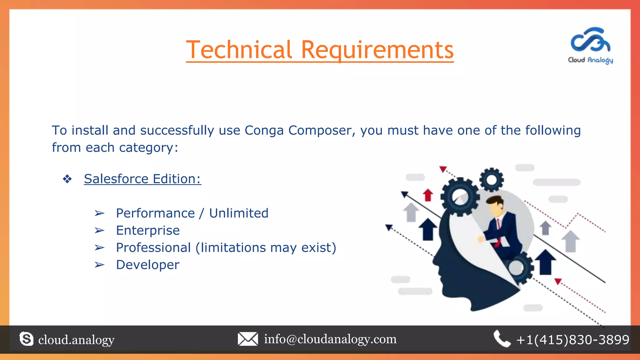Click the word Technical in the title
point(239,50)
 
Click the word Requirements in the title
point(377,50)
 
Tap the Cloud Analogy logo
point(590,45)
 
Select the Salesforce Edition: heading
point(142,179)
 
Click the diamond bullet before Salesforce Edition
point(67,179)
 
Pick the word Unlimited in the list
point(239,213)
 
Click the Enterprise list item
point(148,231)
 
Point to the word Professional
point(153,248)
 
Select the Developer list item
point(147,265)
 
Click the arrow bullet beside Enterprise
point(99,231)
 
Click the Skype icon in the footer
point(26,339)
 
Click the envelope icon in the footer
point(248,339)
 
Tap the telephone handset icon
point(502,339)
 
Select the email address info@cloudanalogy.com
point(330,339)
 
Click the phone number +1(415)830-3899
point(572,340)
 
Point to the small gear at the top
point(491,180)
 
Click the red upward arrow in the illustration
point(428,195)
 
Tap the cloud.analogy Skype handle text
point(76,340)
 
